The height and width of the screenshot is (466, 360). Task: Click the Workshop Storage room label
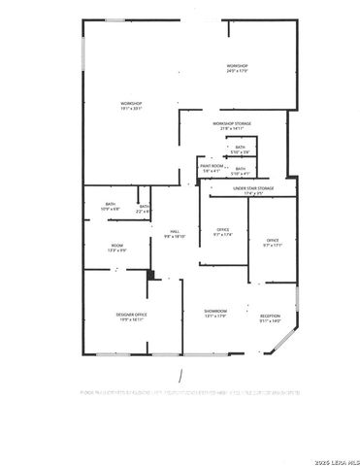click(232, 123)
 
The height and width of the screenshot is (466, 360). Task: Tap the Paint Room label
click(213, 166)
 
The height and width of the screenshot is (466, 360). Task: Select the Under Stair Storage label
click(253, 187)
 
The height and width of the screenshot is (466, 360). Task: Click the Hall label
click(174, 231)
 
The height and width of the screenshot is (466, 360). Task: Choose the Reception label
click(270, 316)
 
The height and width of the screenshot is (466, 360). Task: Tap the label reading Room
click(116, 246)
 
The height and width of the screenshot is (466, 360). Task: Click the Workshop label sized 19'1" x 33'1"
click(131, 103)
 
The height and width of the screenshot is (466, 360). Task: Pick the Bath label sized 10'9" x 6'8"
click(110, 205)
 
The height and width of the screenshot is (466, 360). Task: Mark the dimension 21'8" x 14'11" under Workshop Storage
click(232, 129)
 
